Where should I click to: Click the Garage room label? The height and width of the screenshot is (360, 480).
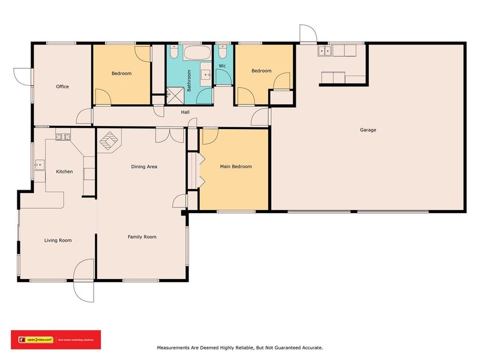[x=368, y=130]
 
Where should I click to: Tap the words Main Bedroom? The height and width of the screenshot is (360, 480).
[x=236, y=166]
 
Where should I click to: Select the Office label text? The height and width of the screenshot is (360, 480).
[x=62, y=86]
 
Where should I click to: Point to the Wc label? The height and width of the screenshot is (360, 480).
[x=222, y=65]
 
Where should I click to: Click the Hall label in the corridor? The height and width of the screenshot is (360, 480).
[x=186, y=112]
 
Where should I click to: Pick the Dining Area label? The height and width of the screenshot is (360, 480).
[x=144, y=166]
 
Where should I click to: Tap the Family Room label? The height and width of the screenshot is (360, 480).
[x=142, y=236]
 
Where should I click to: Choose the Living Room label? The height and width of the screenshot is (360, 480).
[x=58, y=240]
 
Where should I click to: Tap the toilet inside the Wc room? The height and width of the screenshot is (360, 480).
[x=223, y=51]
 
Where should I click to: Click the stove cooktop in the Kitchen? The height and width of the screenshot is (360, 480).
[x=63, y=137]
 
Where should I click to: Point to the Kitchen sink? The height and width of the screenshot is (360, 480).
[x=40, y=164]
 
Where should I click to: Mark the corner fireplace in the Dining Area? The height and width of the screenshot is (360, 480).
[x=109, y=142]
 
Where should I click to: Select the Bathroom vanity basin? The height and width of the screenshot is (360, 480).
[x=205, y=75]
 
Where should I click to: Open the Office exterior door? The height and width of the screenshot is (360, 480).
[x=22, y=76]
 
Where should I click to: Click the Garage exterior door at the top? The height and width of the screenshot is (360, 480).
[x=307, y=34]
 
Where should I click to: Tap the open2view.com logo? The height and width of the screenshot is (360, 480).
[x=37, y=340]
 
